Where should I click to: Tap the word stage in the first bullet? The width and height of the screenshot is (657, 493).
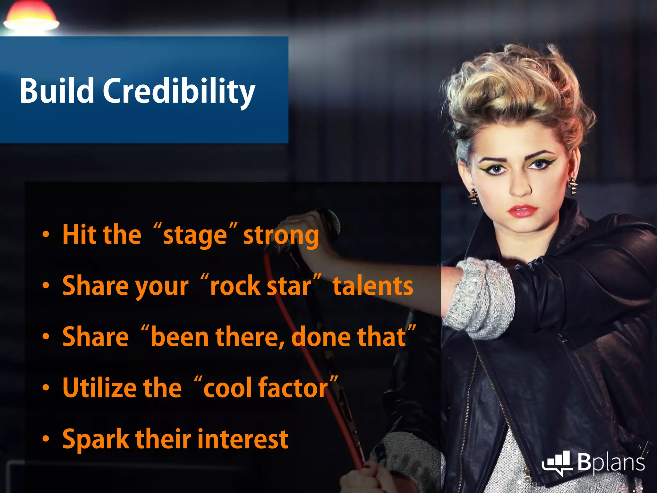coord(195,235)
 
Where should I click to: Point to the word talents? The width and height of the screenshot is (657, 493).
coord(373,286)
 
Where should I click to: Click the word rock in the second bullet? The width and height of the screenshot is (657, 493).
coord(235,286)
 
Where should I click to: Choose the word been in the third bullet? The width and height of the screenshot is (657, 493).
coord(179,337)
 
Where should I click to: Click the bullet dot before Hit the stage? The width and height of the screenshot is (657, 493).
coord(46,235)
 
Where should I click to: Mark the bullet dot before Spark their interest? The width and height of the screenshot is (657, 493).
coord(46,438)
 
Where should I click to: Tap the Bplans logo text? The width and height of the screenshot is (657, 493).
coord(611,462)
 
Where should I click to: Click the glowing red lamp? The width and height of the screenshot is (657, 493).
coord(31,18)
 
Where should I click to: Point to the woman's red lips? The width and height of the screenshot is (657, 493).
coord(522,211)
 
